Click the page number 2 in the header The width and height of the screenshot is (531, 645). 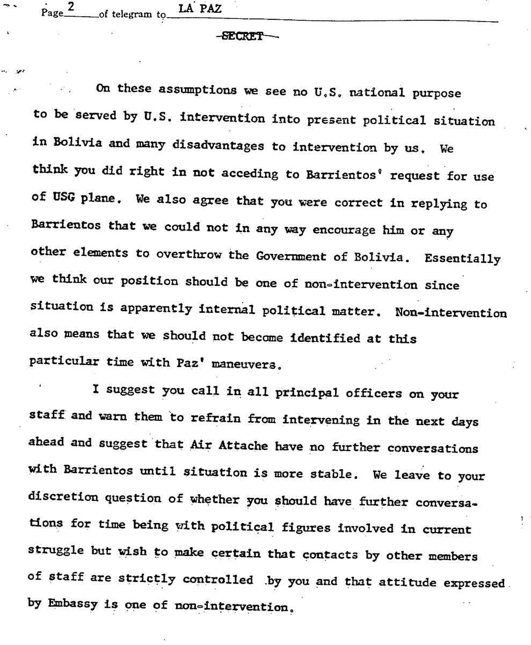[70, 9]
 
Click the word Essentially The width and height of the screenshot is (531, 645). [462, 259]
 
